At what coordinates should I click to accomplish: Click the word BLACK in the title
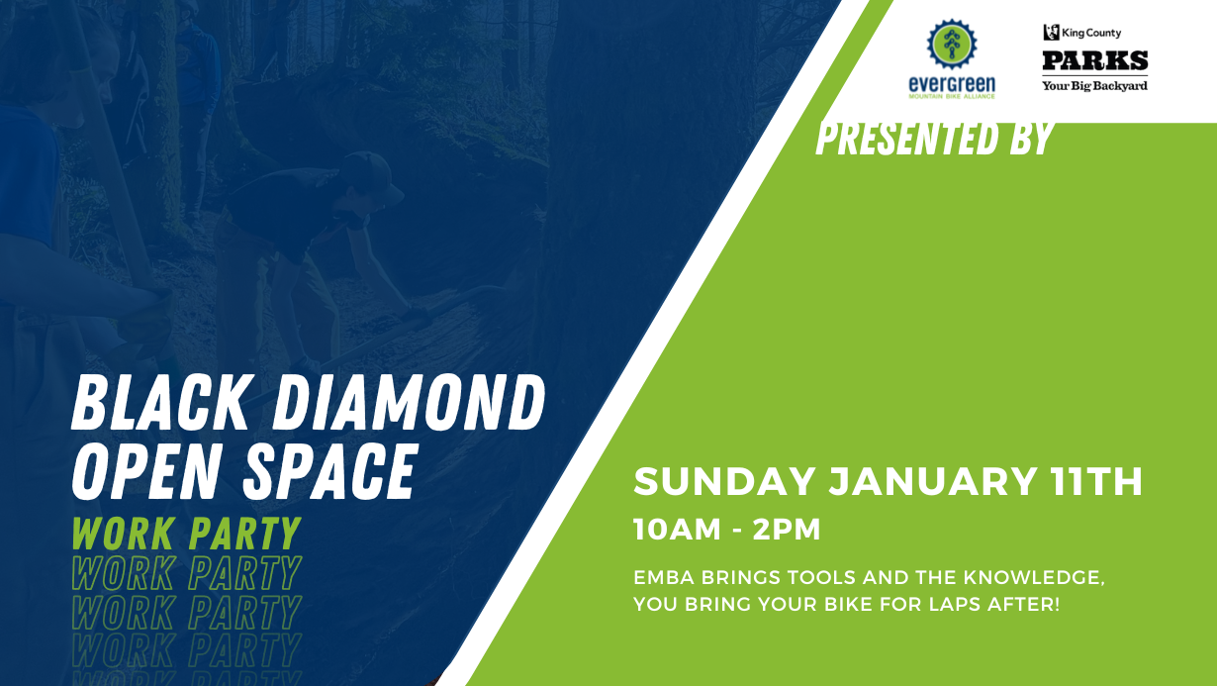pos(162,403)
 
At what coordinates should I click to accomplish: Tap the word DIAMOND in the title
pos(409,403)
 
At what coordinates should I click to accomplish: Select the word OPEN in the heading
pos(147,471)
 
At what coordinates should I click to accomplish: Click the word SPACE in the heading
pos(331,471)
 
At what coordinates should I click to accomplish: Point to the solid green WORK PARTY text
pos(186,534)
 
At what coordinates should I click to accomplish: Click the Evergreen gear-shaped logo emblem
pos(952,45)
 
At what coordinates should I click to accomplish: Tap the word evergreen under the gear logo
pos(952,84)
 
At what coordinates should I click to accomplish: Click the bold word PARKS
pos(1094,60)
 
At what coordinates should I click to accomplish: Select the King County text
pos(1091,33)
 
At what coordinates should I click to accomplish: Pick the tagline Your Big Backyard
pos(1094,86)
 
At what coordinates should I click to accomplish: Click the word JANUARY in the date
pos(932,481)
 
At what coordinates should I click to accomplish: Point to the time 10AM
pos(677,530)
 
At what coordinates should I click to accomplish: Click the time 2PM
pos(787,530)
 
